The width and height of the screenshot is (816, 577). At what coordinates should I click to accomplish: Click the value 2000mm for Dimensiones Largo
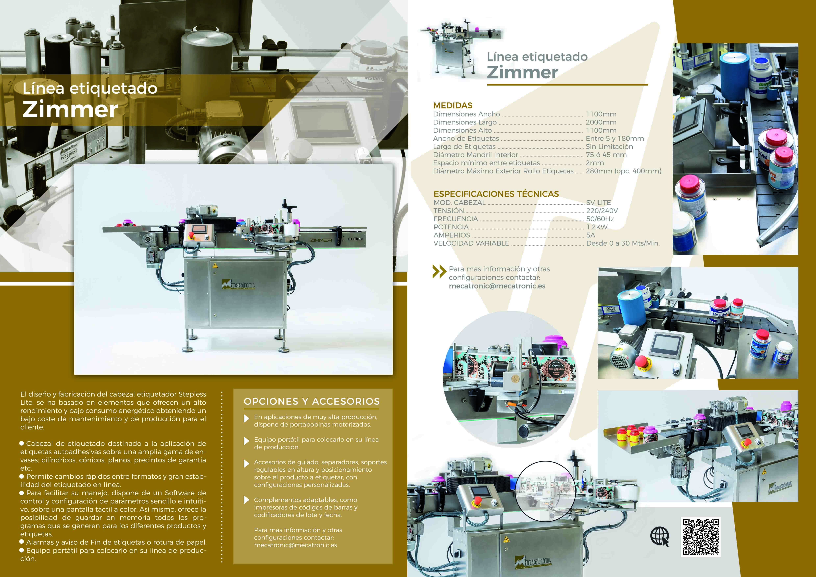601,122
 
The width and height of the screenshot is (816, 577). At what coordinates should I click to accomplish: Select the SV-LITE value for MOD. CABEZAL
599,202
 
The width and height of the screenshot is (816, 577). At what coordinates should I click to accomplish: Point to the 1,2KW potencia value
597,227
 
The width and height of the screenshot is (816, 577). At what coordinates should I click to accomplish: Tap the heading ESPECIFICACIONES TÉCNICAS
496,194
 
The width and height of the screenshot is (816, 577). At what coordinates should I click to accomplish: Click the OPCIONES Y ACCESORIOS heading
312,401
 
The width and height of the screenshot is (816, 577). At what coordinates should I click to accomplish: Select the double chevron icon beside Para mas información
439,272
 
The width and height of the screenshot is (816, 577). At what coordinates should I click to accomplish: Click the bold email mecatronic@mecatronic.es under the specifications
497,286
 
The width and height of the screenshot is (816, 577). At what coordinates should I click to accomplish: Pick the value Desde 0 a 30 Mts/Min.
623,243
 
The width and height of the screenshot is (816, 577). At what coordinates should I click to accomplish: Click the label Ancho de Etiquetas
466,138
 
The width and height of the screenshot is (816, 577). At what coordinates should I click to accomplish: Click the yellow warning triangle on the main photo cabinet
215,265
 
